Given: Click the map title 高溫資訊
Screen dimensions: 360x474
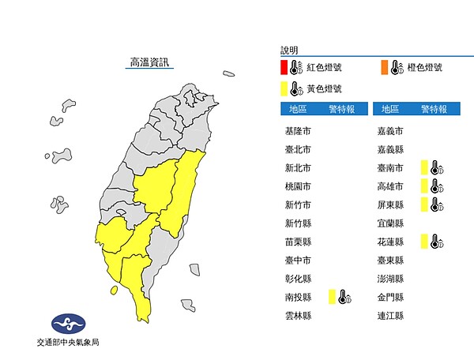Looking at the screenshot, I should point(149,62).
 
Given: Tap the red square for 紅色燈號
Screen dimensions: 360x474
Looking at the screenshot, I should point(283,68).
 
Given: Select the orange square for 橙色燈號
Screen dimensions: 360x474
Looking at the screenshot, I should point(383,68).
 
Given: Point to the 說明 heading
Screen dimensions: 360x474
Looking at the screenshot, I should point(290,50).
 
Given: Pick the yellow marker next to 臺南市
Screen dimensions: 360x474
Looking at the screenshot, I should point(424,167).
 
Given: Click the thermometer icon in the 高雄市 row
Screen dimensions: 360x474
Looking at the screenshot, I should point(435,186).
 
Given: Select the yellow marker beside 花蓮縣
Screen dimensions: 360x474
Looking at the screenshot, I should point(424,242).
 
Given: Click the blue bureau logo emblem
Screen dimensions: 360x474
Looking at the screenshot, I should point(67,323).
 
